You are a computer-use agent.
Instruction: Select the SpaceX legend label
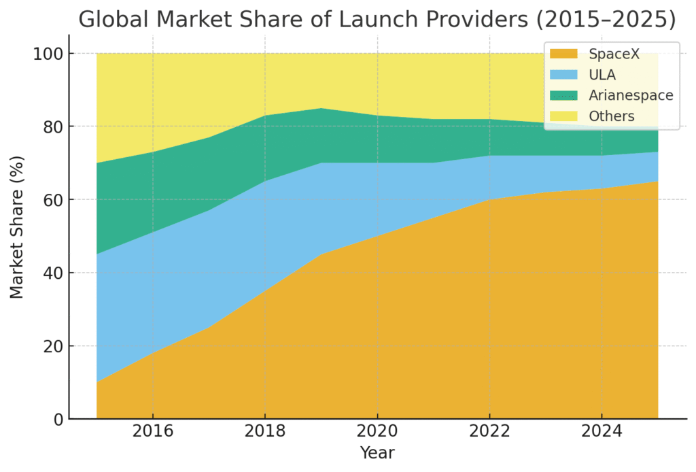(614, 54)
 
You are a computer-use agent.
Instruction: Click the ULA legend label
(602, 75)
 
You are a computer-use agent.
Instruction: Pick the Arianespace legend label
(631, 95)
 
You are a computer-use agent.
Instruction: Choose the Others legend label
(612, 116)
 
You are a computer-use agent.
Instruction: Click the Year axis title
(377, 453)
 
